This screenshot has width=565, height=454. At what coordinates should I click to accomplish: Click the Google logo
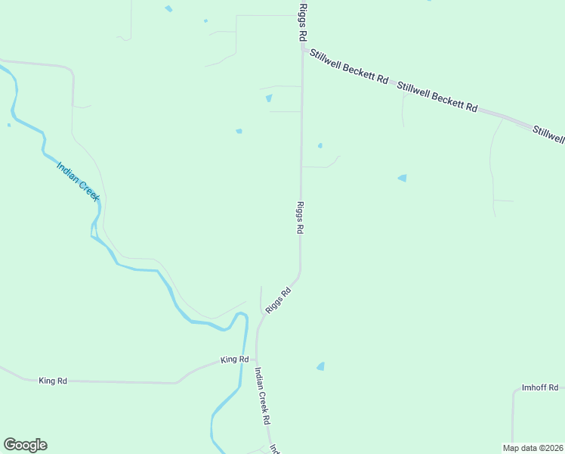pos(25,445)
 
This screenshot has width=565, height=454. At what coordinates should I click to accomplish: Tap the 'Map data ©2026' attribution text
pos(533,448)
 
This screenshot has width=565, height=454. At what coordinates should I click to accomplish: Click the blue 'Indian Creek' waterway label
pos(79,180)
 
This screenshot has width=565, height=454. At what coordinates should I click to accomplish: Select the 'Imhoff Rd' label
pos(539,387)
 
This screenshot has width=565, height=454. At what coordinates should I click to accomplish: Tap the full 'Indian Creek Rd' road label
pos(262,396)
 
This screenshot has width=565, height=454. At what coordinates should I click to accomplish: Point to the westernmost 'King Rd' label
pos(53,381)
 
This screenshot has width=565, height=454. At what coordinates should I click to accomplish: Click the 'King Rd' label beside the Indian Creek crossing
pos(235,359)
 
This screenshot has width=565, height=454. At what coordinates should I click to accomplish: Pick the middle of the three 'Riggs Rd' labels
pos(300,218)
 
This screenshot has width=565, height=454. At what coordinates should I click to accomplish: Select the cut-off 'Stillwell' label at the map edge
pos(548,134)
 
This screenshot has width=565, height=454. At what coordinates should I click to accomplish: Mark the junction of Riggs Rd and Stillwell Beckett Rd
pos(303,50)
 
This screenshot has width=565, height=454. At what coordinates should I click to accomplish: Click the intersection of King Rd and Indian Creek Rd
pos(257,360)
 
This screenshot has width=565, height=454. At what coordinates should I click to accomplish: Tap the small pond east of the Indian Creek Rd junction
pos(321,366)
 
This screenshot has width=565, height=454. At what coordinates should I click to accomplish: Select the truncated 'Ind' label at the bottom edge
pos(275,448)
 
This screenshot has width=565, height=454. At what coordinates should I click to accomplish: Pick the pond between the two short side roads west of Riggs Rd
pos(269,98)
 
